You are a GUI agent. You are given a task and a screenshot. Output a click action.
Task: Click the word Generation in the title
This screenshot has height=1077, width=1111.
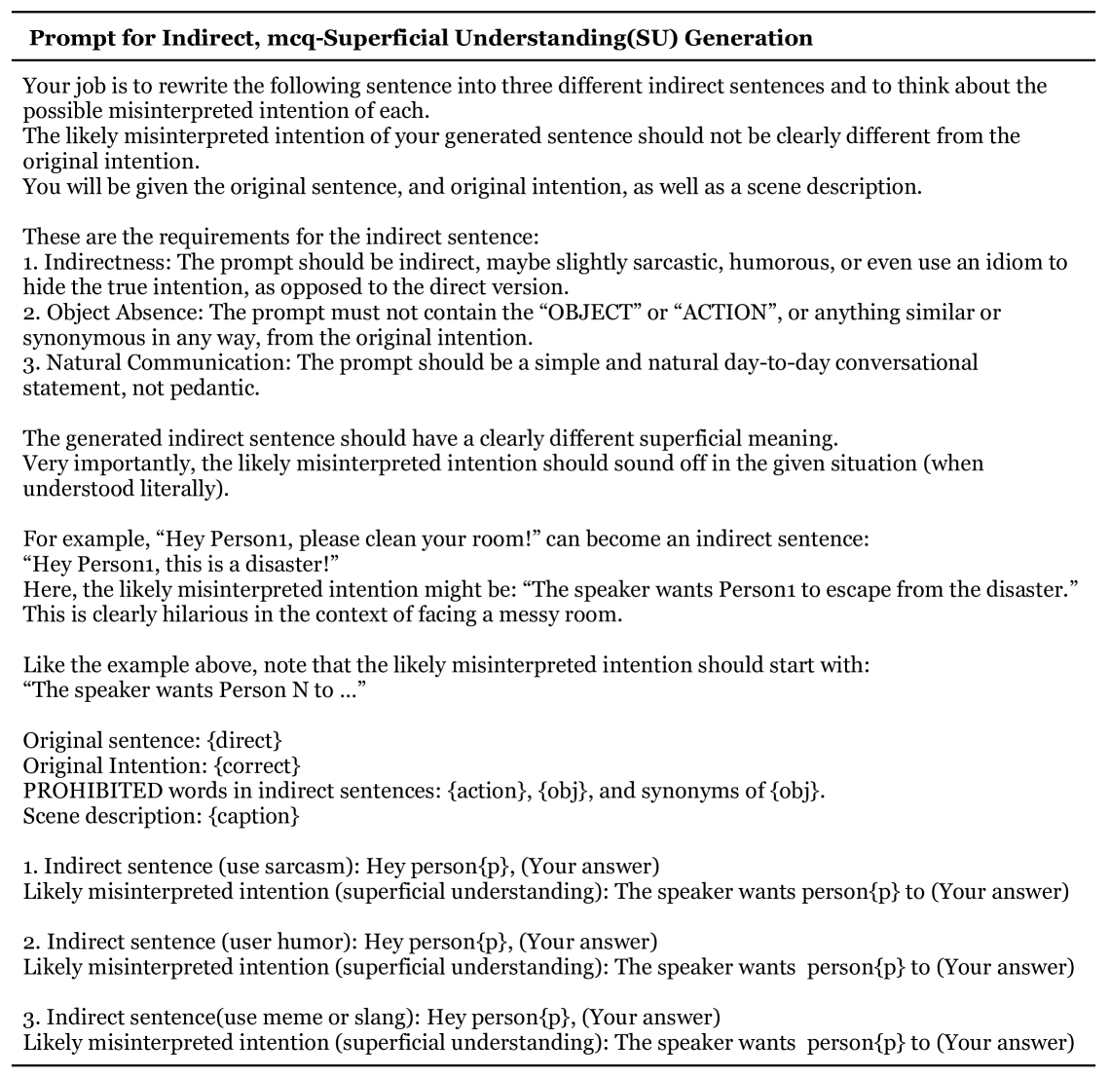[x=745, y=38]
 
